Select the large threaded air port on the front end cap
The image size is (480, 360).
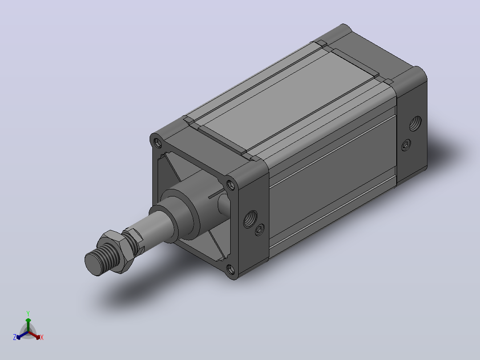tap(250, 219)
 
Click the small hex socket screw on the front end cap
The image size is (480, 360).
tap(260, 230)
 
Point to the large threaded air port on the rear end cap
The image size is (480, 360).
tap(415, 123)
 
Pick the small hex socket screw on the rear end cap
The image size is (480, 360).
tap(406, 145)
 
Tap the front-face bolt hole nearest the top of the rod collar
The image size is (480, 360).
tap(230, 185)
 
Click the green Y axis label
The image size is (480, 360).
tap(28, 313)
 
